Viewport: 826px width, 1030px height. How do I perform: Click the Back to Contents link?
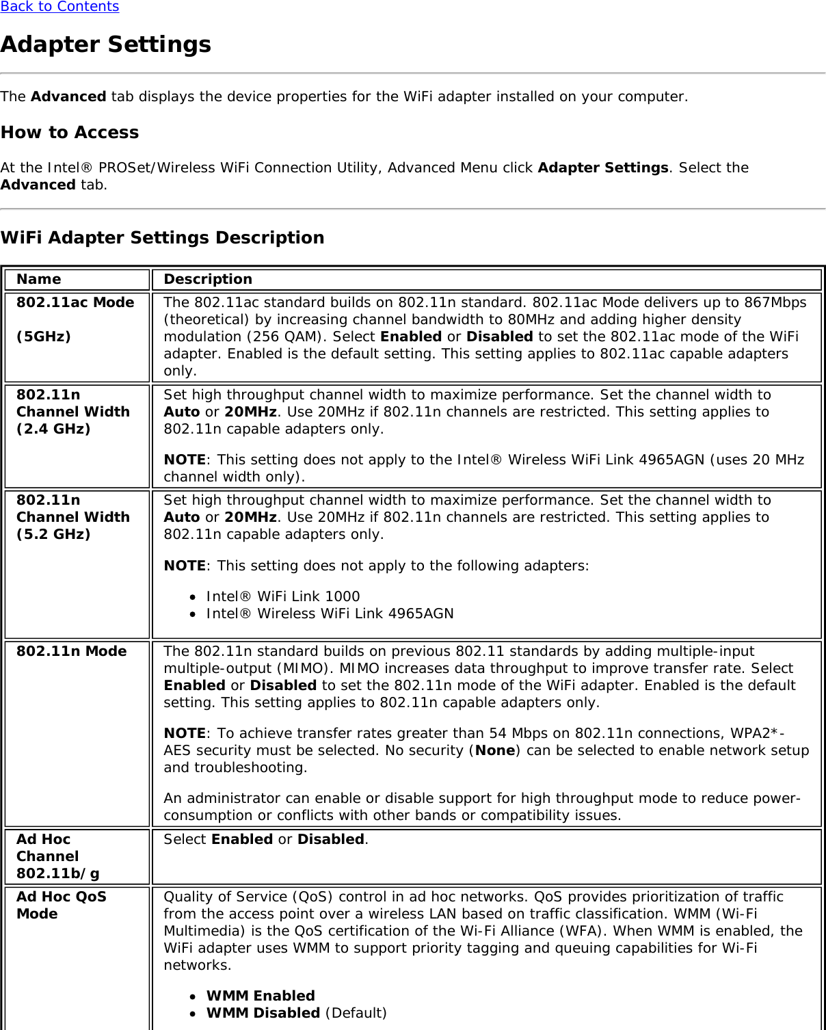click(x=59, y=7)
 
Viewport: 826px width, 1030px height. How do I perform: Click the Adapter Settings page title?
click(x=106, y=44)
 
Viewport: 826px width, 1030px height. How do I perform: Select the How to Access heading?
click(x=70, y=132)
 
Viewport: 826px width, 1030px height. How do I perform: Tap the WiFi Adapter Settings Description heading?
click(x=163, y=237)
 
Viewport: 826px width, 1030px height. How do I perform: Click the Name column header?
click(x=39, y=279)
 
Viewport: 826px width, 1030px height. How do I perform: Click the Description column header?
click(x=208, y=279)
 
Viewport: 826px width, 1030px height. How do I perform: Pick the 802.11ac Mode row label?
click(x=75, y=302)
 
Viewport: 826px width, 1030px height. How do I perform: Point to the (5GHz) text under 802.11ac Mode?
click(x=44, y=336)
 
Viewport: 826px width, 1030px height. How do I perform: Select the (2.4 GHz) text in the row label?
click(x=53, y=429)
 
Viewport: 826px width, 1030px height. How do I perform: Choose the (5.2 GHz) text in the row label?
click(x=53, y=534)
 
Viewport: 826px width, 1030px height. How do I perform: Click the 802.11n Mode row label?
click(x=72, y=651)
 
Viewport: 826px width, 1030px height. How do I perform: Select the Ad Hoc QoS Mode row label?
click(x=62, y=905)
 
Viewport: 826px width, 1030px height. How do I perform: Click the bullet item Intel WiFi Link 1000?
click(x=283, y=596)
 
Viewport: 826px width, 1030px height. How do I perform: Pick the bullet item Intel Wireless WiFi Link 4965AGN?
click(x=330, y=613)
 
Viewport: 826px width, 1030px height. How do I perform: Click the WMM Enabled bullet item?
click(x=261, y=996)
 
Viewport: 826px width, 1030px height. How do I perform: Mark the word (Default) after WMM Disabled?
click(x=356, y=1013)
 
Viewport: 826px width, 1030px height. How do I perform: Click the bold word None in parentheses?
click(x=495, y=750)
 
